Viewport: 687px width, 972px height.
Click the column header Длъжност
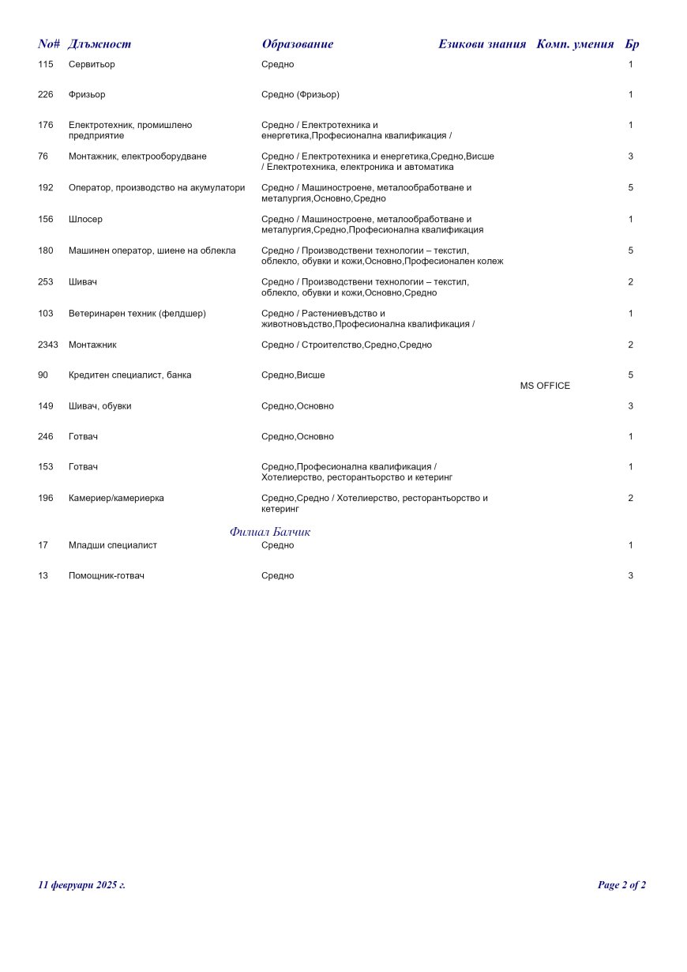99,44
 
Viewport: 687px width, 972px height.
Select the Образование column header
298,44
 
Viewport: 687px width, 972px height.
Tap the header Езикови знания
482,44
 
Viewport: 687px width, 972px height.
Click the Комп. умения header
575,44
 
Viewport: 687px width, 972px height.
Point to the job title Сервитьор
92,65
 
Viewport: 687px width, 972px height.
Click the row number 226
46,95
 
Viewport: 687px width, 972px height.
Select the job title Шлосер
85,220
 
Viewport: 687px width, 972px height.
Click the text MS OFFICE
545,386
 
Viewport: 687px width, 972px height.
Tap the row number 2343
48,345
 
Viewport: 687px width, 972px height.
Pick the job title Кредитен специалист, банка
130,375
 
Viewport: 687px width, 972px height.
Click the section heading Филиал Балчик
270,532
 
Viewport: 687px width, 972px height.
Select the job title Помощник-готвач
107,576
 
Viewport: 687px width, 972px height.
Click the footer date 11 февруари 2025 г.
82,885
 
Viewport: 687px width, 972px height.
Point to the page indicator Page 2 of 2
621,885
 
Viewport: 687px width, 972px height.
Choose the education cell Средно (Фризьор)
300,95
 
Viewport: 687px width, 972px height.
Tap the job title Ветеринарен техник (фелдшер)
137,314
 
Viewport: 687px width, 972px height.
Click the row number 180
46,251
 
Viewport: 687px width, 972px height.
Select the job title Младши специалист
113,545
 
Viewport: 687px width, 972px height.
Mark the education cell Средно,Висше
293,375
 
